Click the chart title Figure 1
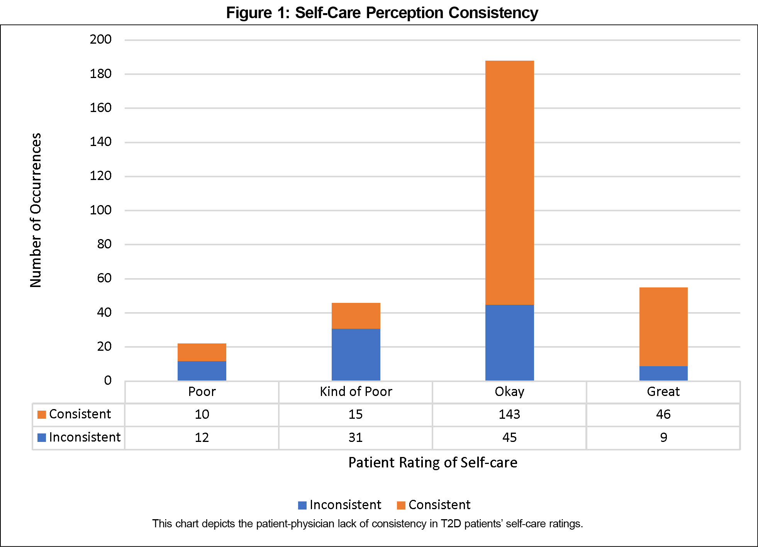(382, 13)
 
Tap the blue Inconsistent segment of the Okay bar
(509, 343)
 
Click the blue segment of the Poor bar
(202, 371)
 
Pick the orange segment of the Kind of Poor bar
(356, 316)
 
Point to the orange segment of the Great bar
(663, 326)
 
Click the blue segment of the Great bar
(663, 373)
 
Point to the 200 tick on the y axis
(100, 39)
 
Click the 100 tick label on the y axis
(100, 210)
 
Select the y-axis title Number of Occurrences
(36, 210)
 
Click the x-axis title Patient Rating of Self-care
(432, 462)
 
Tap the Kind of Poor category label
(356, 392)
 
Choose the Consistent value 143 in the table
(509, 414)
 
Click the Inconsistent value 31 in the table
(356, 437)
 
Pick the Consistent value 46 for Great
(663, 414)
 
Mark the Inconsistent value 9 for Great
(663, 437)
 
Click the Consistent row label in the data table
(80, 414)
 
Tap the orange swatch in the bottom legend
(401, 505)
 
